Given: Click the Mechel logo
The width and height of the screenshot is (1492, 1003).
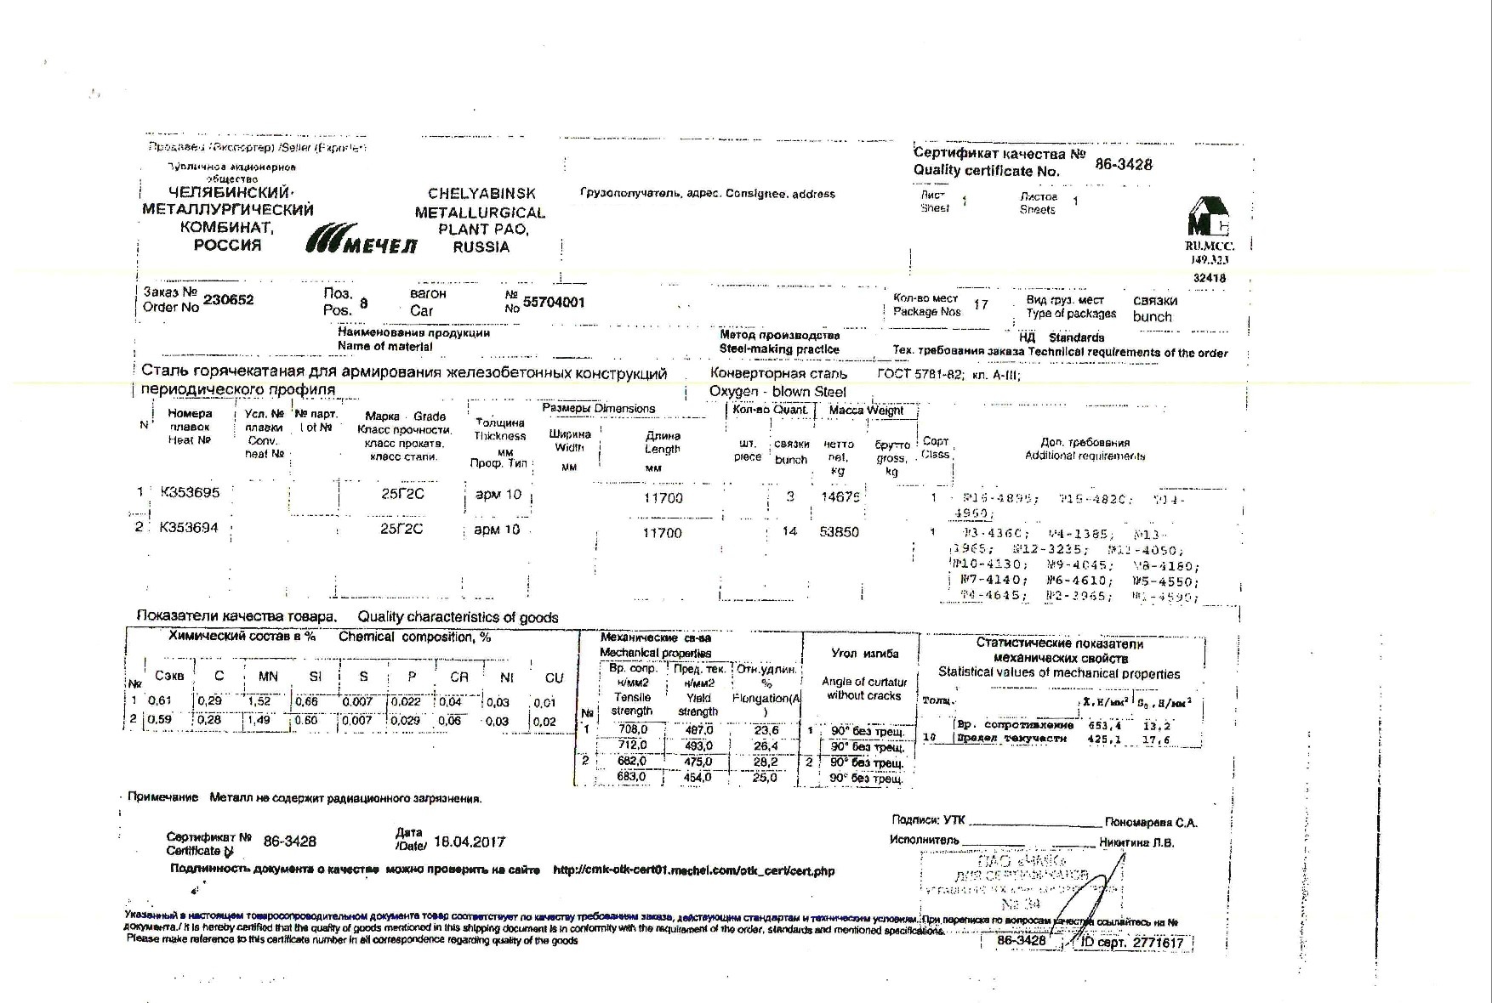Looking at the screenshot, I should pyautogui.click(x=362, y=241).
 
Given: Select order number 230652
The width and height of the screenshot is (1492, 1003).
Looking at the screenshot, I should pyautogui.click(x=228, y=300).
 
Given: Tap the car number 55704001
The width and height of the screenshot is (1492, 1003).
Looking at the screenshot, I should pyautogui.click(x=554, y=303).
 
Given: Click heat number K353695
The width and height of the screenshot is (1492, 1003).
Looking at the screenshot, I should pyautogui.click(x=190, y=492).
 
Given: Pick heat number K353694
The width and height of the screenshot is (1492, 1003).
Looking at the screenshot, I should pyautogui.click(x=189, y=528).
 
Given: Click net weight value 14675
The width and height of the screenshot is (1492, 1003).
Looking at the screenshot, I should pyautogui.click(x=840, y=497).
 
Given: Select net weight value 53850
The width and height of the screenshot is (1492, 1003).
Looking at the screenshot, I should pyautogui.click(x=839, y=532).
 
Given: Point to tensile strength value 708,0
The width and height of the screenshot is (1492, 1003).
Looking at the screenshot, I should pyautogui.click(x=632, y=730).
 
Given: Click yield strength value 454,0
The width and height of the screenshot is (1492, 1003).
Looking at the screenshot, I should pyautogui.click(x=698, y=777).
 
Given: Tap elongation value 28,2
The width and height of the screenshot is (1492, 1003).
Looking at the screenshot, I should pyautogui.click(x=766, y=762).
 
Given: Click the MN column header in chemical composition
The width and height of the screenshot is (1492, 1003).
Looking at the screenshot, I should pyautogui.click(x=268, y=677).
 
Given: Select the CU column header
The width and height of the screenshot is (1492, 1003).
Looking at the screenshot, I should pyautogui.click(x=554, y=677).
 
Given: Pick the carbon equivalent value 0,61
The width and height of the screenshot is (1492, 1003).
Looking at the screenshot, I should pyautogui.click(x=160, y=701).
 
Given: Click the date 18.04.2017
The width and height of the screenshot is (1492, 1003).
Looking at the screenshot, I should pyautogui.click(x=470, y=841).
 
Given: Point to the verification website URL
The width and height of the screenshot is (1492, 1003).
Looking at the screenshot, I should pyautogui.click(x=693, y=871).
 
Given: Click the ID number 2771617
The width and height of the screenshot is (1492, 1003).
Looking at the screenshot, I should pyautogui.click(x=1157, y=943).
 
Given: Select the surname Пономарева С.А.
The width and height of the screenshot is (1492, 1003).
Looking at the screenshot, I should pyautogui.click(x=1151, y=823).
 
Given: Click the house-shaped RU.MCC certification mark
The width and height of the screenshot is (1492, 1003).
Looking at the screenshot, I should pyautogui.click(x=1209, y=218).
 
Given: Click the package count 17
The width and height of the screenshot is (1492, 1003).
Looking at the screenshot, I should pyautogui.click(x=981, y=304).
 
